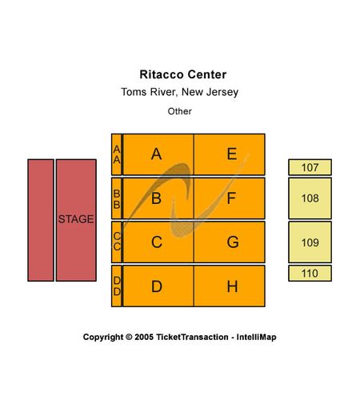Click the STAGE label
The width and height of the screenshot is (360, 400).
pyautogui.click(x=76, y=219)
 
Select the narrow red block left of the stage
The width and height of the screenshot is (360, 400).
pyautogui.click(x=41, y=220)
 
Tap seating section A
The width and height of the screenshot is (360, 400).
pyautogui.click(x=158, y=154)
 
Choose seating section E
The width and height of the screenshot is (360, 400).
pyautogui.click(x=230, y=154)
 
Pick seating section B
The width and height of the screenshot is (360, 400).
pyautogui.click(x=158, y=198)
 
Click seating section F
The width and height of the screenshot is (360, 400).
pyautogui.click(x=230, y=198)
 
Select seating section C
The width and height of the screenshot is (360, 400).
pyautogui.click(x=158, y=242)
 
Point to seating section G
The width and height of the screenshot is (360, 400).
pyautogui.click(x=230, y=242)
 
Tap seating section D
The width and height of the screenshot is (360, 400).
pyautogui.click(x=158, y=286)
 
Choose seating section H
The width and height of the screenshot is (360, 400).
pyautogui.click(x=230, y=286)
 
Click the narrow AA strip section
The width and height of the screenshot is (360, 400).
pyautogui.click(x=117, y=154)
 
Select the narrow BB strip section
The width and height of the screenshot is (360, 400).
pyautogui.click(x=117, y=198)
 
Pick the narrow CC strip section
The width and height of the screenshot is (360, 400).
pyautogui.click(x=117, y=242)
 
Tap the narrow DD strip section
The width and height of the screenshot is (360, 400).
pyautogui.click(x=117, y=286)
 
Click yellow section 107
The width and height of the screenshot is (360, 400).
pyautogui.click(x=310, y=167)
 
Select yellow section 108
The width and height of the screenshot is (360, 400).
pyautogui.click(x=310, y=198)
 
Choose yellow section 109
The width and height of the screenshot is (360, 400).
pyautogui.click(x=310, y=242)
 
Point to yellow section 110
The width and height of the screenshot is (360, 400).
pyautogui.click(x=310, y=274)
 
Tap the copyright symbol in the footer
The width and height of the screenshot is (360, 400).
pyautogui.click(x=129, y=337)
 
